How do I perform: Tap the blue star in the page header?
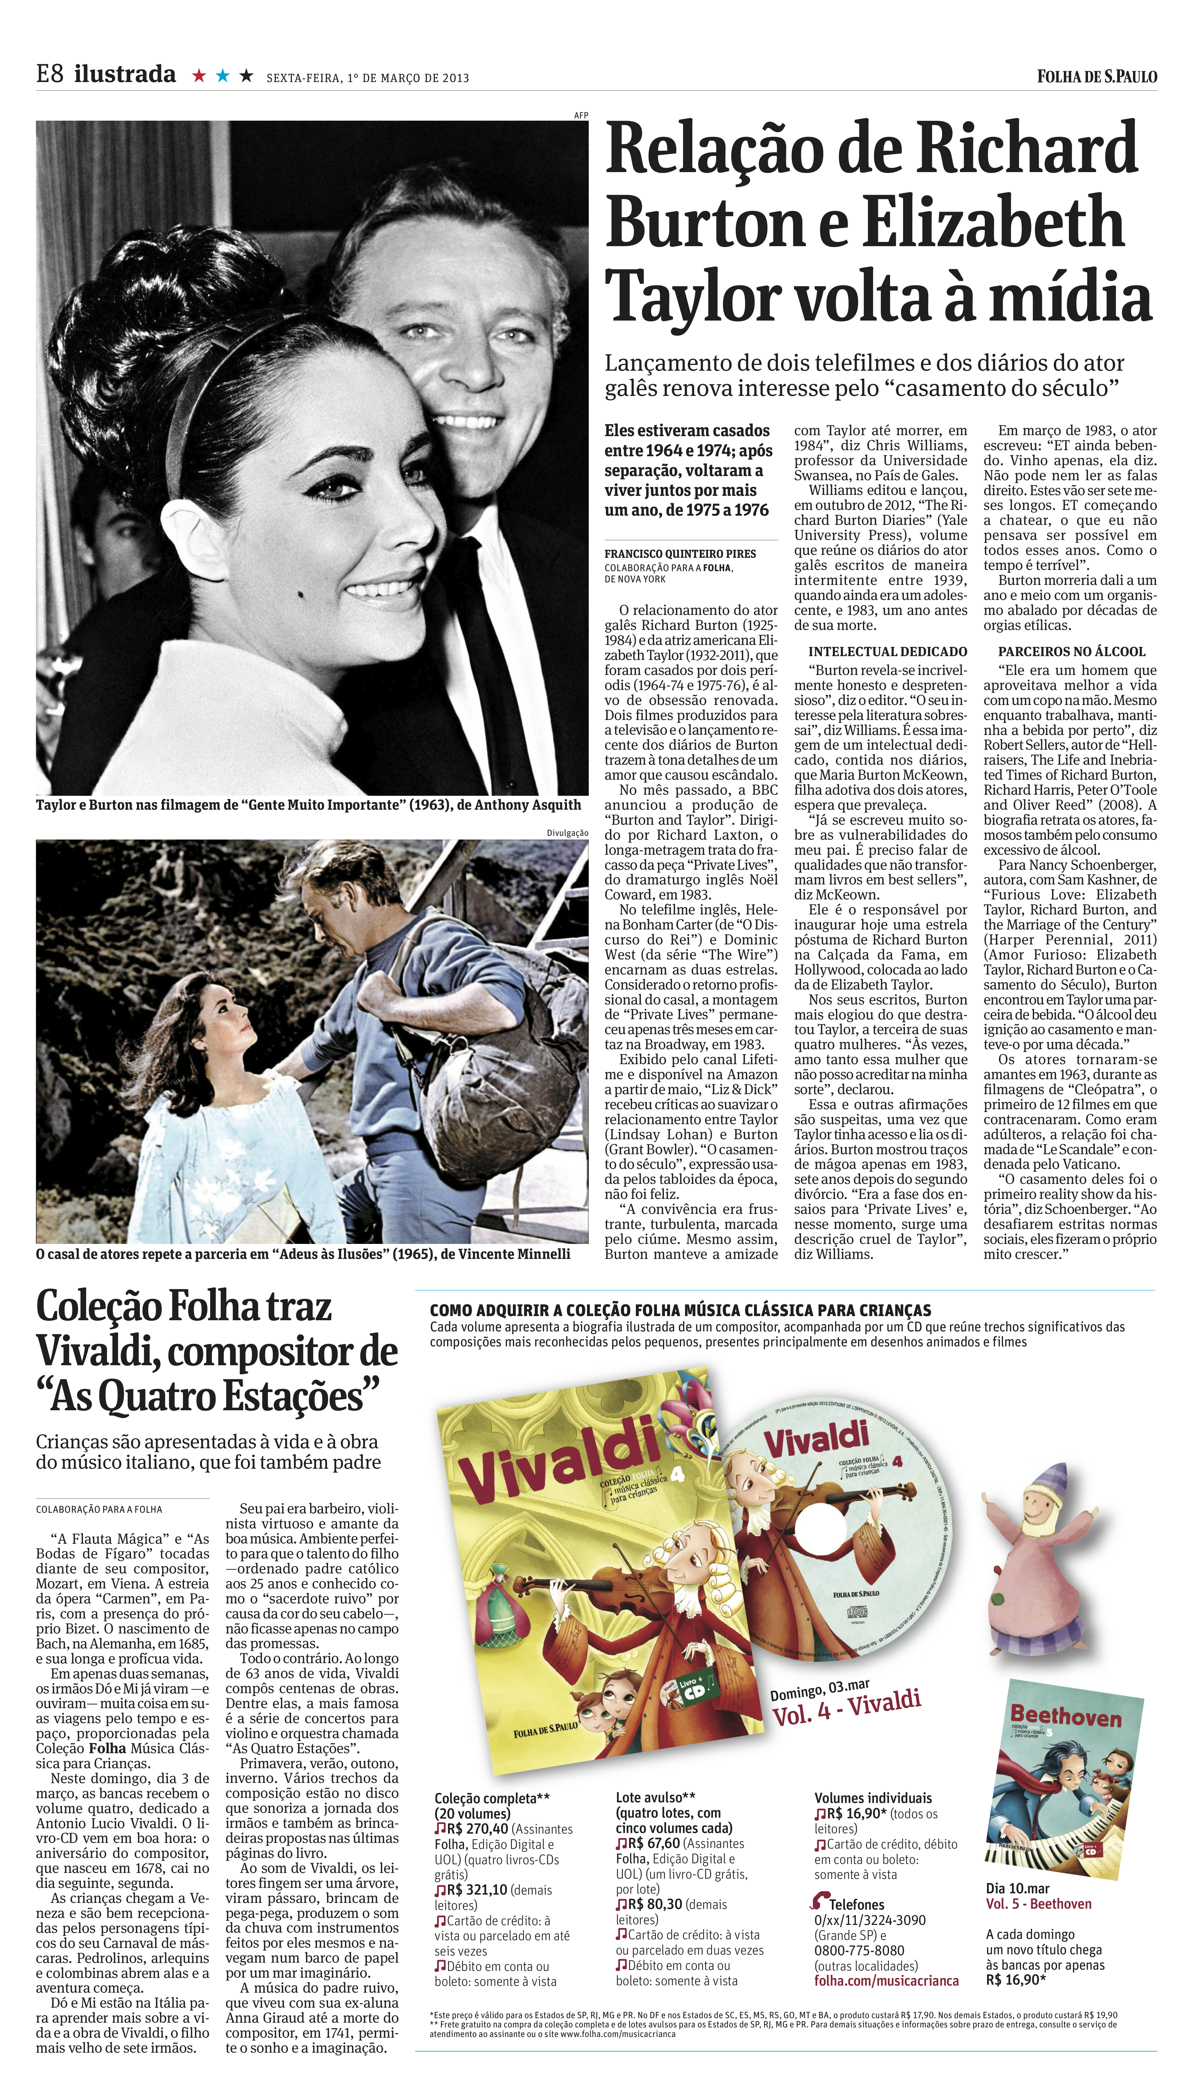point(222,76)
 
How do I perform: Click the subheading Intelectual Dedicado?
point(887,651)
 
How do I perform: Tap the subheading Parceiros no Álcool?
point(1071,651)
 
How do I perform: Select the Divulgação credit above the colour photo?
point(567,833)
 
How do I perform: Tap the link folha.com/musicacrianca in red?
point(887,1981)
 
